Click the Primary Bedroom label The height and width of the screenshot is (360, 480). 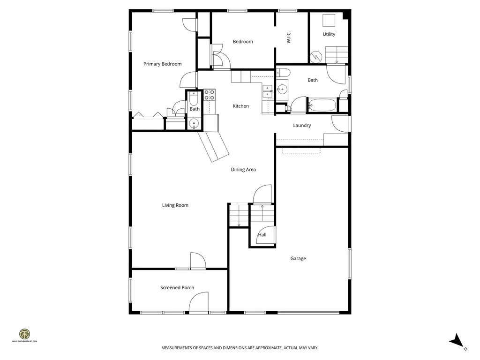[162, 64]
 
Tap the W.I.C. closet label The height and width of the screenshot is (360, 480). [289, 38]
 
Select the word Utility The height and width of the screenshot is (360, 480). [329, 34]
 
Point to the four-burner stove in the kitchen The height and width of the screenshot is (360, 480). [209, 95]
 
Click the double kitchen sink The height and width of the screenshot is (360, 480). [267, 91]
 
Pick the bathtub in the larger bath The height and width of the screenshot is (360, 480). [322, 105]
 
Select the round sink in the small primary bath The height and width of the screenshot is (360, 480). [194, 124]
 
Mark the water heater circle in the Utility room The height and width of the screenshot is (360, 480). [317, 57]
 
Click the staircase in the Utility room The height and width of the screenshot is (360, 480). [337, 54]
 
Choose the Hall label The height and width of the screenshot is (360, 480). [262, 235]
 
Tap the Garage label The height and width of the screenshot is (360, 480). [298, 258]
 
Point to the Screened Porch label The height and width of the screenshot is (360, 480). [177, 288]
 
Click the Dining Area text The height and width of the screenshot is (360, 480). [243, 170]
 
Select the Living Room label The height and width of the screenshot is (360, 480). [175, 205]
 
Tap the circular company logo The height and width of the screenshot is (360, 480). [24, 334]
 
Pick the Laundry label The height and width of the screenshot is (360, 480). [302, 126]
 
